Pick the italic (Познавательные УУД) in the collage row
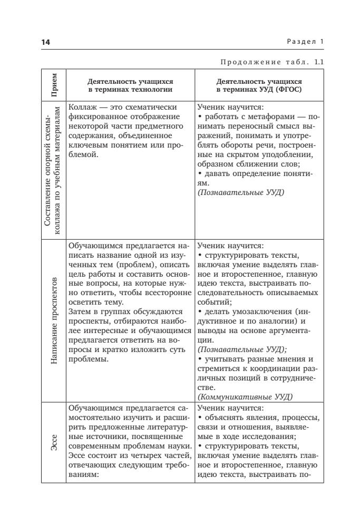click(x=234, y=193)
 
